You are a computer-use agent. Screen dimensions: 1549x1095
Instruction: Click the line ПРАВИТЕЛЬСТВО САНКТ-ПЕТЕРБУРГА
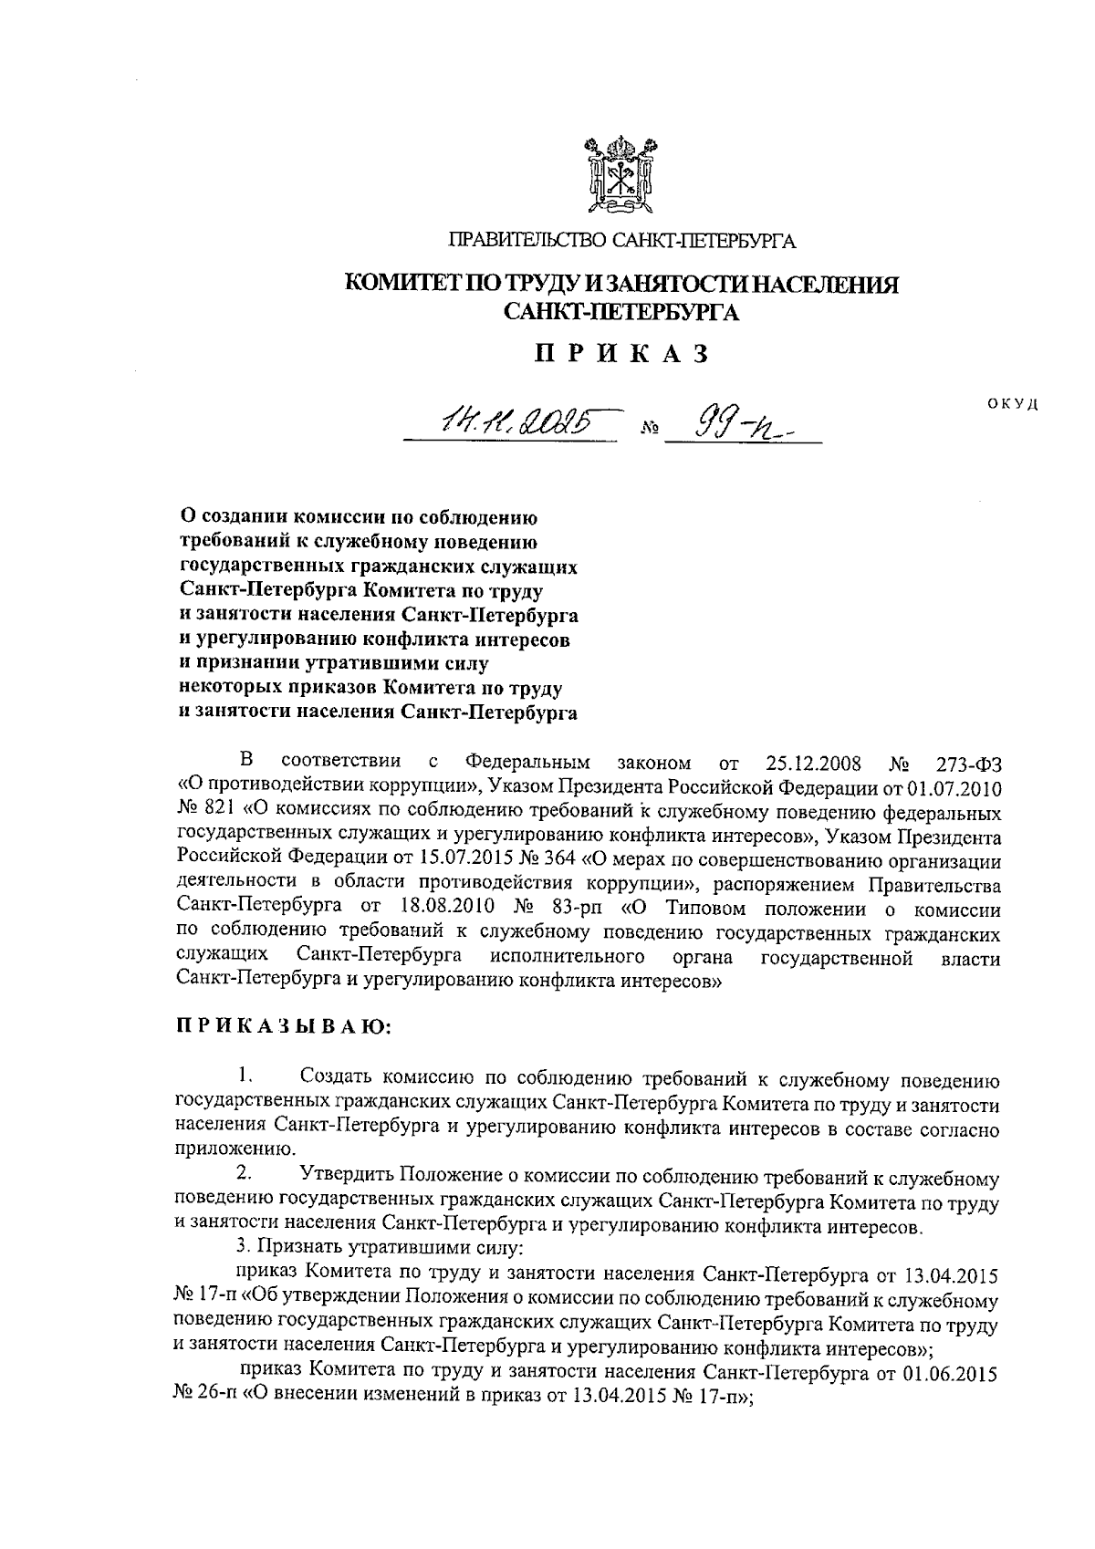click(621, 242)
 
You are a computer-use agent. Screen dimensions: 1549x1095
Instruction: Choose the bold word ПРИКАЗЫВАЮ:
click(284, 1026)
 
